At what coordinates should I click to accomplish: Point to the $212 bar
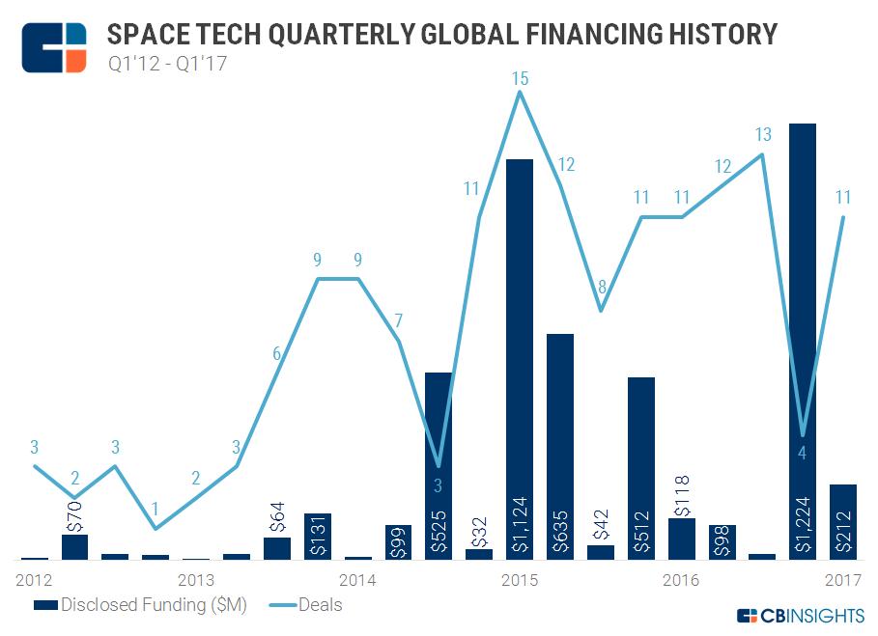click(x=842, y=521)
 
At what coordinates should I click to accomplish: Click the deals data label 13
click(x=763, y=134)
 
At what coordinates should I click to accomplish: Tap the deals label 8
click(x=601, y=287)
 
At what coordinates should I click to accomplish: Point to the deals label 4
click(x=803, y=452)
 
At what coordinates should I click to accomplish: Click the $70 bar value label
click(x=75, y=512)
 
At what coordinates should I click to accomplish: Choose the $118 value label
click(x=681, y=493)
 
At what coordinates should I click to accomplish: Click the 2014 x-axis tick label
click(x=357, y=580)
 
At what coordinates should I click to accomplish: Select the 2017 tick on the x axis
click(x=843, y=580)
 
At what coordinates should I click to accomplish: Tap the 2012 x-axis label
click(x=34, y=580)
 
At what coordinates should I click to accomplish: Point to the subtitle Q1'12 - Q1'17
click(x=167, y=65)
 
